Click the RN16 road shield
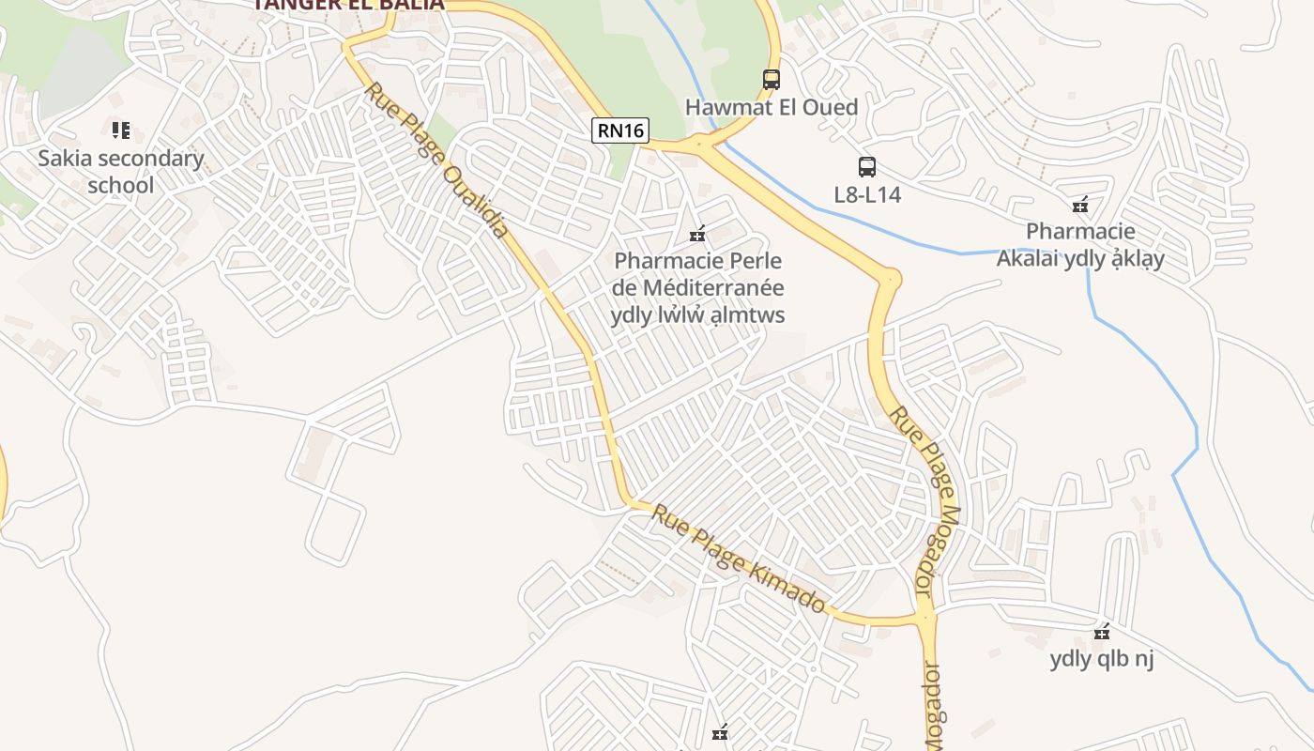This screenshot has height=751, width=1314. (620, 130)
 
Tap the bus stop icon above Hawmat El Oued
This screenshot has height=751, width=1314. (772, 80)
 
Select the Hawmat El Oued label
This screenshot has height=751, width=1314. (772, 107)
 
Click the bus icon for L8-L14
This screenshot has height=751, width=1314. (867, 167)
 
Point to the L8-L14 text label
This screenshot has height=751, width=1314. (867, 194)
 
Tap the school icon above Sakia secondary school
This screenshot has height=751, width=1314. (120, 130)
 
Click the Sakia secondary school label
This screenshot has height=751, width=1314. (120, 171)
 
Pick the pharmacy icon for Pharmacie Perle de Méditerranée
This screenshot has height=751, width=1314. (697, 234)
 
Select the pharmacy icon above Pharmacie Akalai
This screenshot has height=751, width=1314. (1080, 205)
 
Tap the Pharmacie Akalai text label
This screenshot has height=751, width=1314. (1080, 244)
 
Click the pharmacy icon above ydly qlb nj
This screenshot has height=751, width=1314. (1102, 632)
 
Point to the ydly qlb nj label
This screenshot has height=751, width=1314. (1102, 659)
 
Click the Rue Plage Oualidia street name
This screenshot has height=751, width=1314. (437, 160)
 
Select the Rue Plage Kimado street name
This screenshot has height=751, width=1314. (740, 559)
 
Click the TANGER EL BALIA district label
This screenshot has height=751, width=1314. (348, 5)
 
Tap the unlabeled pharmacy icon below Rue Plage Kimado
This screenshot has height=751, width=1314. (720, 733)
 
